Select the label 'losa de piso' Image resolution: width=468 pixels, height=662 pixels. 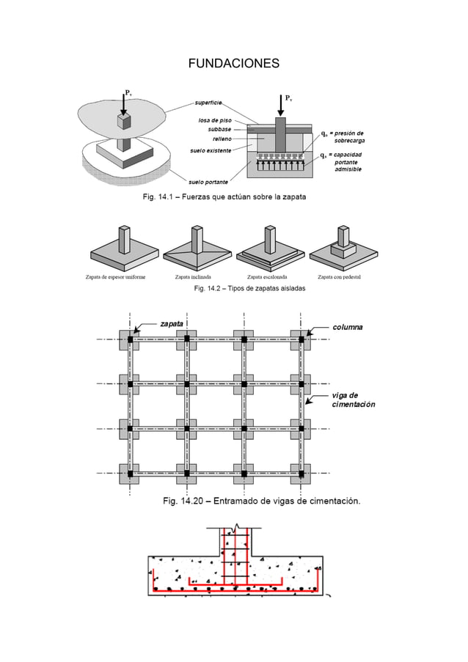(215, 119)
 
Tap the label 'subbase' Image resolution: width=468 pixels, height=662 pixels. (219, 128)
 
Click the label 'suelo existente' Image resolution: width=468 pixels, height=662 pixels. (211, 150)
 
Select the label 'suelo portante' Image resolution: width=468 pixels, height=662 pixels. (208, 181)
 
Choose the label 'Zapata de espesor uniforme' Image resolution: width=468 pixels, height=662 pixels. (115, 277)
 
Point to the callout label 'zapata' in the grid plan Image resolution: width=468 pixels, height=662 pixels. (172, 323)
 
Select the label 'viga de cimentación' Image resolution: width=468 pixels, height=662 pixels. (353, 400)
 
